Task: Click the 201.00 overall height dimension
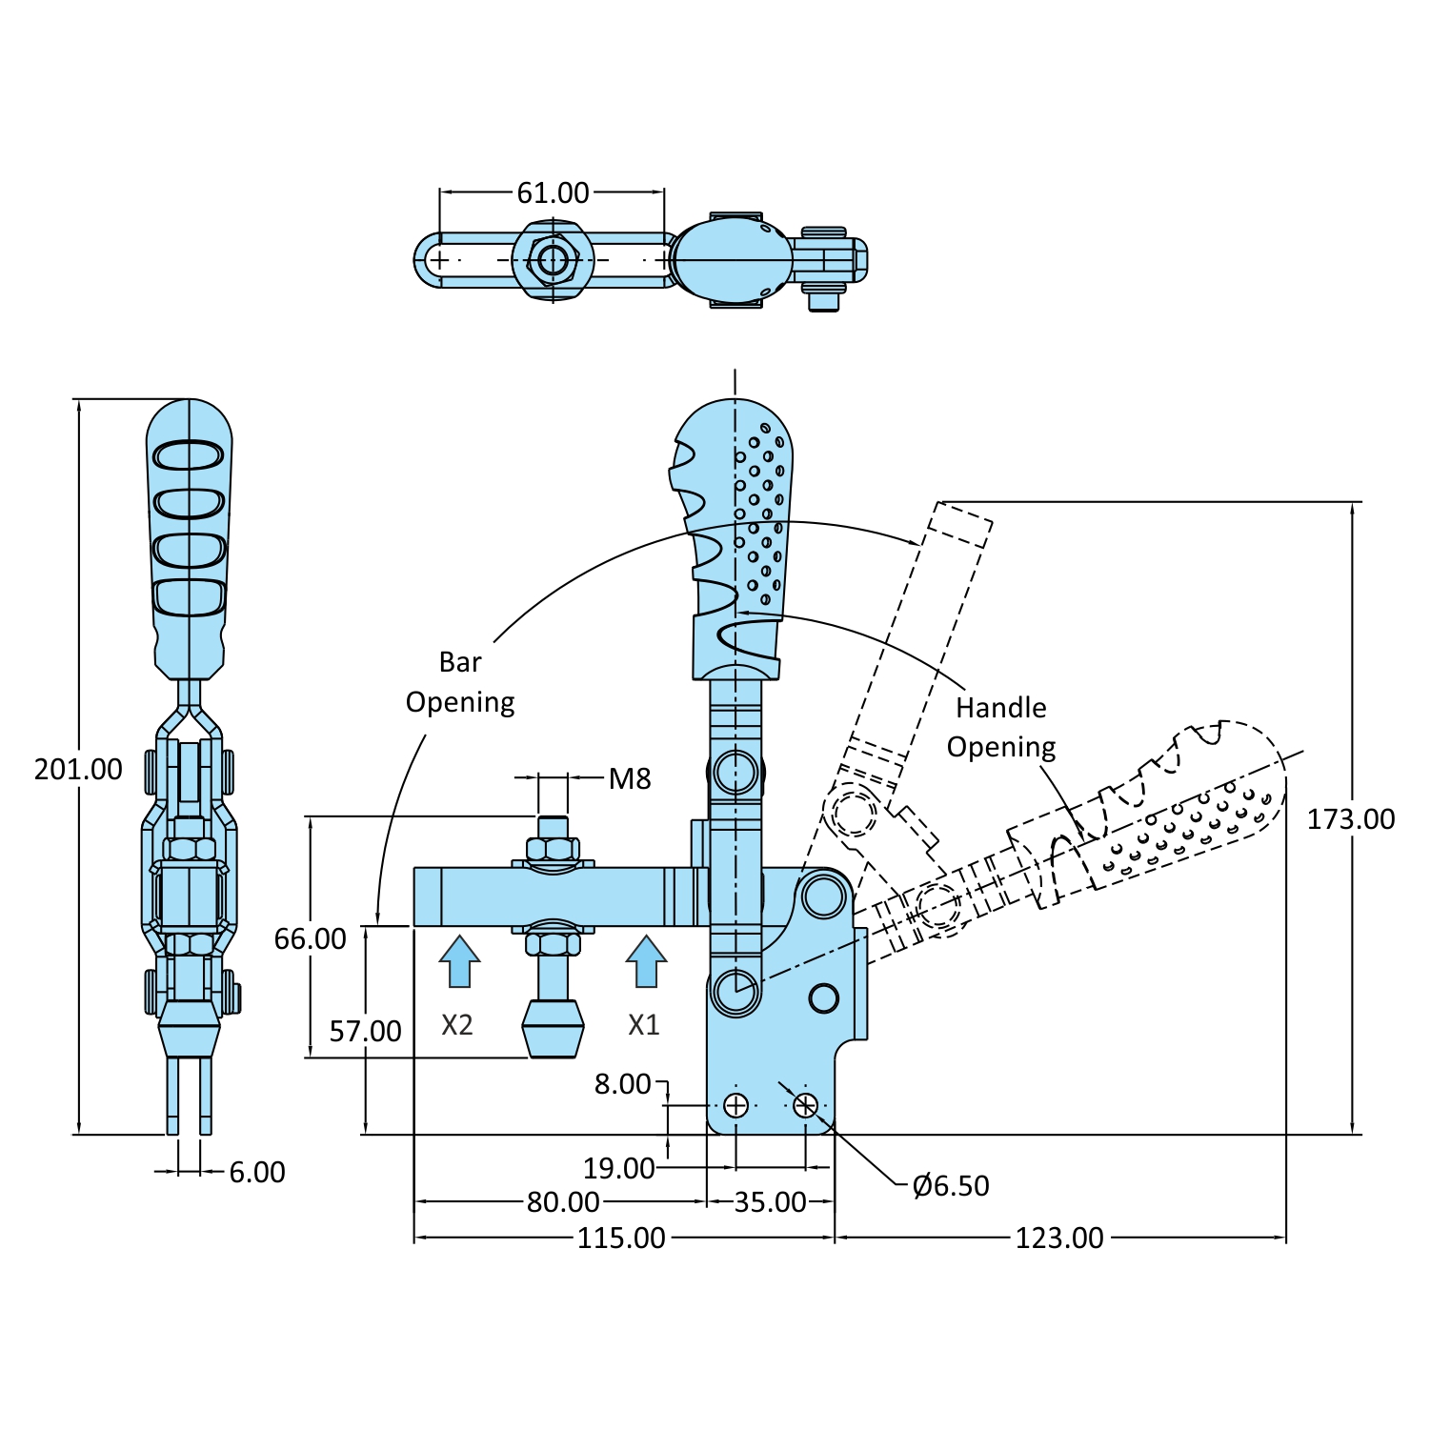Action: tap(78, 769)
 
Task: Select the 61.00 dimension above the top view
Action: tap(553, 192)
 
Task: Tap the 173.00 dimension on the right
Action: tap(1350, 819)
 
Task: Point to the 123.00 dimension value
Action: tap(1058, 1238)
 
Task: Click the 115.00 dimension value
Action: tap(621, 1238)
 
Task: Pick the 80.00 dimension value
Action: tap(563, 1201)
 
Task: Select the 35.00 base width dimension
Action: tap(770, 1201)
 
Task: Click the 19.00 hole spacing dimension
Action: tap(618, 1168)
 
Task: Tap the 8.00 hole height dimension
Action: tap(622, 1084)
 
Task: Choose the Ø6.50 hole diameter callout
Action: tap(951, 1185)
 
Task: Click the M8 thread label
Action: tap(630, 779)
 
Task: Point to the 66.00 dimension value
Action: tap(310, 939)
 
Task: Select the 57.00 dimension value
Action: tap(365, 1031)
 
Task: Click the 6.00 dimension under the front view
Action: tap(257, 1172)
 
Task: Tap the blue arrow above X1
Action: tap(646, 961)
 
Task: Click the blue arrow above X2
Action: tap(459, 961)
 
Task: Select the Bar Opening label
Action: tap(460, 682)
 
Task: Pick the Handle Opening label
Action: tap(1001, 727)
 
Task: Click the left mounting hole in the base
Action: tap(735, 1105)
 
